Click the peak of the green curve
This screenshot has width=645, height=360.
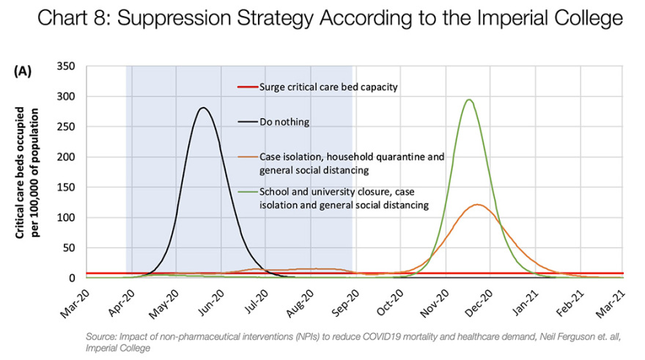click(469, 100)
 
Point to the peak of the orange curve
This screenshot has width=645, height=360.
click(478, 205)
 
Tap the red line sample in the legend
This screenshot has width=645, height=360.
click(247, 87)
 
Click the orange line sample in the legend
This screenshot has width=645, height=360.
click(247, 156)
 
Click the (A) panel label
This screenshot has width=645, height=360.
click(23, 70)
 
